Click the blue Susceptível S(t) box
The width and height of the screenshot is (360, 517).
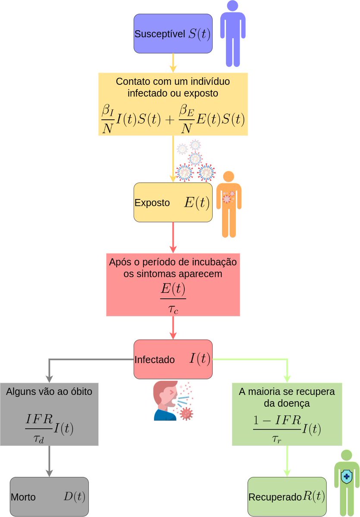[x=173, y=34]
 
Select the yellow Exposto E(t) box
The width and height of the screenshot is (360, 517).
[x=173, y=202]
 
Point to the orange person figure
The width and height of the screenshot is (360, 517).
[x=229, y=204]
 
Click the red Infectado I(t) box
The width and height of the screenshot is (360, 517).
[x=173, y=359]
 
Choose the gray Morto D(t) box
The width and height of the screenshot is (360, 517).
[x=49, y=496]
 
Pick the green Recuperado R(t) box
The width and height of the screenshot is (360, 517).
[x=287, y=496]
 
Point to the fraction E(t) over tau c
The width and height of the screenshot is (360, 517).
[x=173, y=298]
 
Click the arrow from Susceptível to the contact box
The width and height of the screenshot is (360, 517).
[x=173, y=63]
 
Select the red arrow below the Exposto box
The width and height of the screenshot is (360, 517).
[x=173, y=237]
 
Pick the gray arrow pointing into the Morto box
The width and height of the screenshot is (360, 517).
[x=49, y=461]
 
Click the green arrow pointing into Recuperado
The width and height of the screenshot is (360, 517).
[x=287, y=461]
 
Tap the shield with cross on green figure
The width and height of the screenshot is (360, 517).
[x=346, y=477]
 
